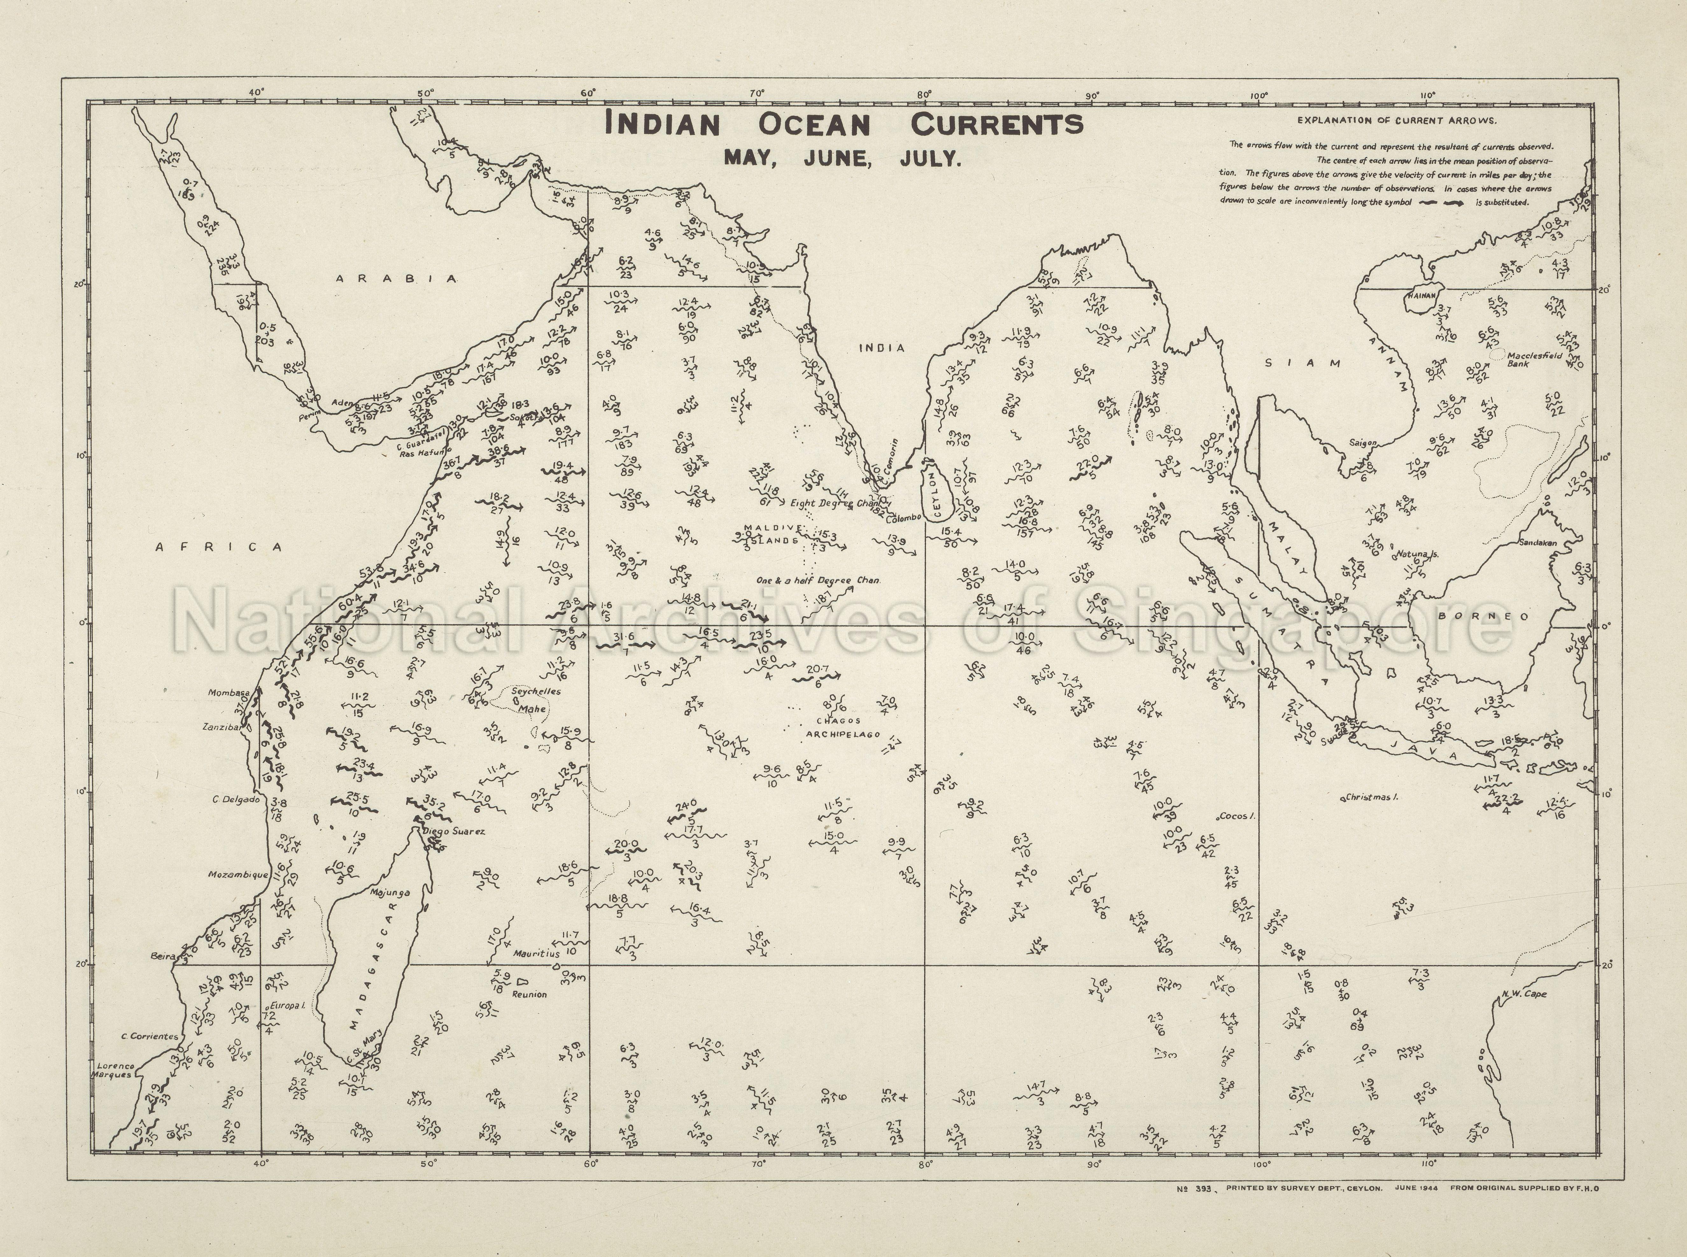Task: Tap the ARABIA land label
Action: [x=397, y=278]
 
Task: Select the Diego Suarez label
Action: [x=454, y=832]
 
